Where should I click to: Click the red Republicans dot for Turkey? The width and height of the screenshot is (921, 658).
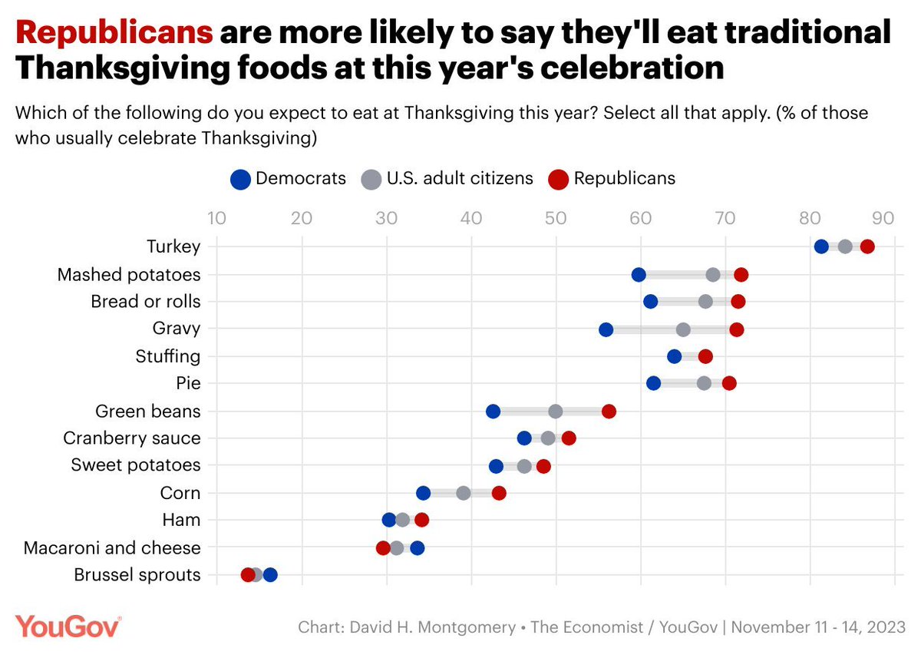867,246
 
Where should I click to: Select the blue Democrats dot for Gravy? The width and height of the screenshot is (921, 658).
606,329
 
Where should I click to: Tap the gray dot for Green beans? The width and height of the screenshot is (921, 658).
556,412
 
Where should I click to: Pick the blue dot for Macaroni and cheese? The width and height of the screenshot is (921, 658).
417,548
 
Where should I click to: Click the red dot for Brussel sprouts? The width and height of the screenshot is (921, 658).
248,575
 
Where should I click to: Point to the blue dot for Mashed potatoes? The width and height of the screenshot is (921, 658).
639,275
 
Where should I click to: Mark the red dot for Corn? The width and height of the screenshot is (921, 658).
499,493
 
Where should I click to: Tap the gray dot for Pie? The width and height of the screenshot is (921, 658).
704,383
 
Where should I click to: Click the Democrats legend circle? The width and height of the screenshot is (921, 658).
240,179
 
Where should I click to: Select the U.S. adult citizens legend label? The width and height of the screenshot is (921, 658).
460,178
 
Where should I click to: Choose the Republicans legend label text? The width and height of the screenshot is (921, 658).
624,178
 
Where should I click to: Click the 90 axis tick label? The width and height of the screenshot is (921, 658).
882,217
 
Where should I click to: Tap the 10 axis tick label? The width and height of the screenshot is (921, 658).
216,217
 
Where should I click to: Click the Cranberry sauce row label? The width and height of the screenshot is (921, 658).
132,438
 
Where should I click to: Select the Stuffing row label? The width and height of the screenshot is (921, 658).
167,356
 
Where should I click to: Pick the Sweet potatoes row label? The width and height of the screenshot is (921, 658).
135,465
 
